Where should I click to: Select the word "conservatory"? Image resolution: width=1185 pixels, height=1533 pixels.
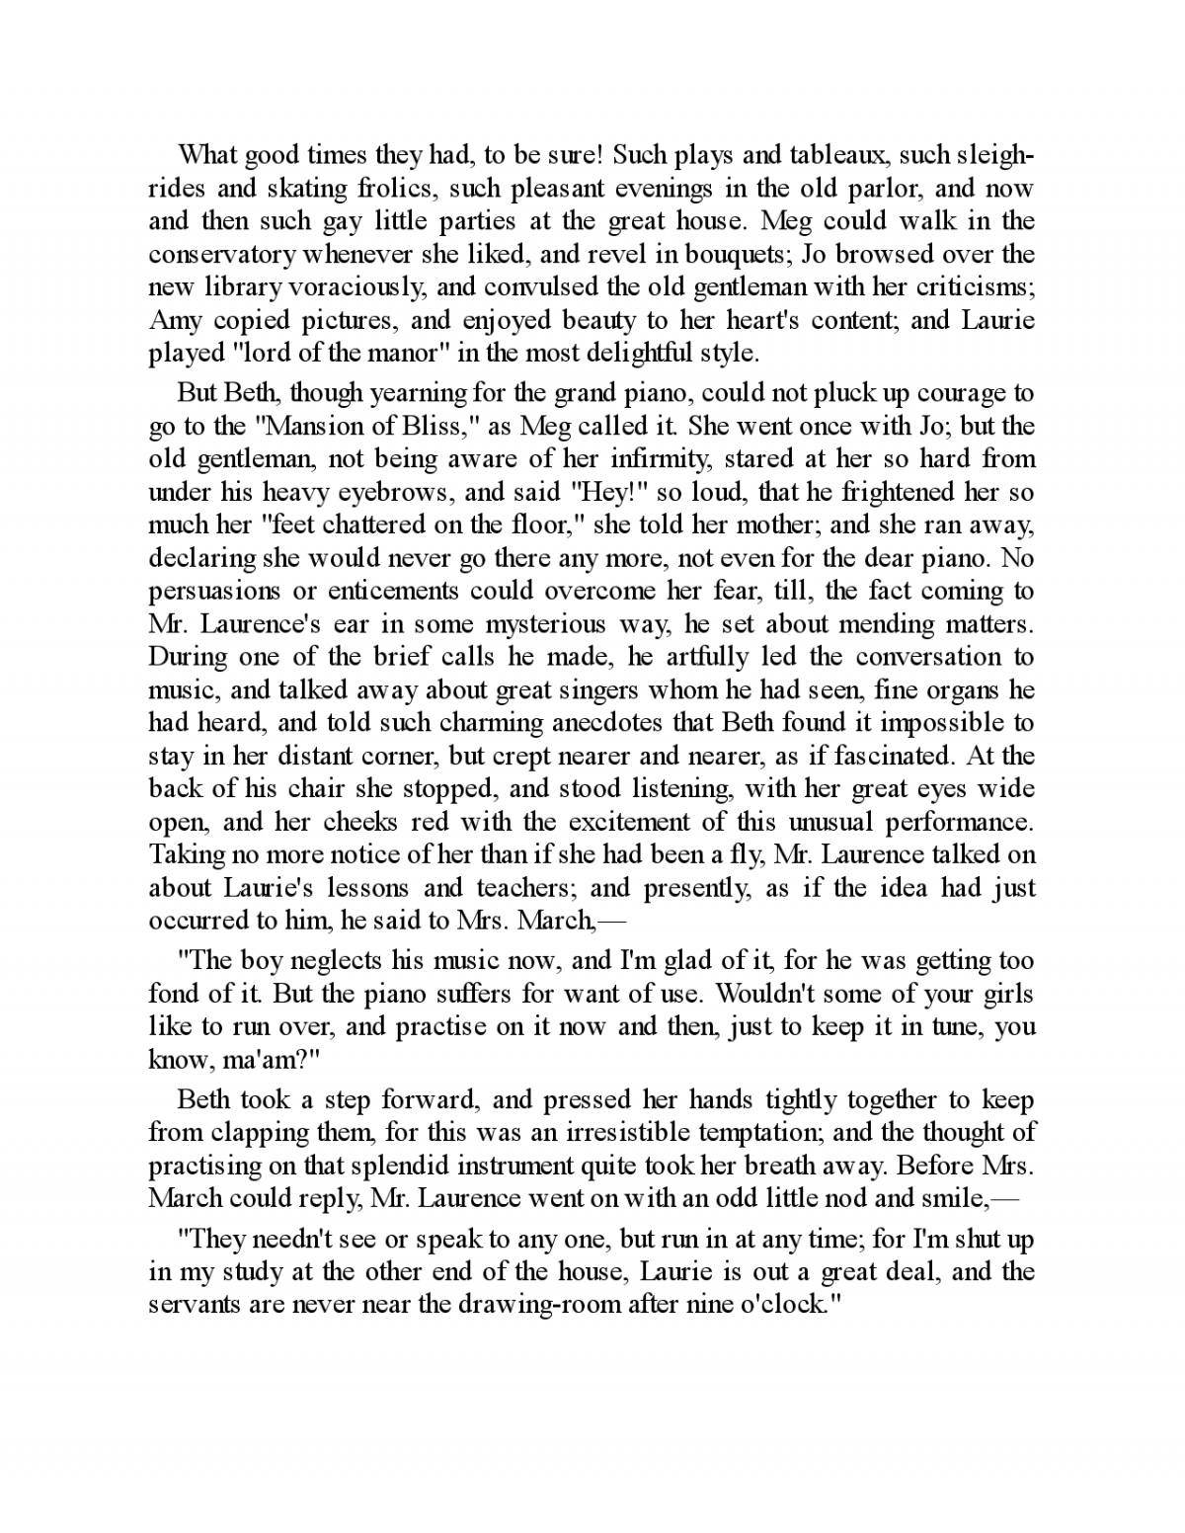click(x=219, y=254)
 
